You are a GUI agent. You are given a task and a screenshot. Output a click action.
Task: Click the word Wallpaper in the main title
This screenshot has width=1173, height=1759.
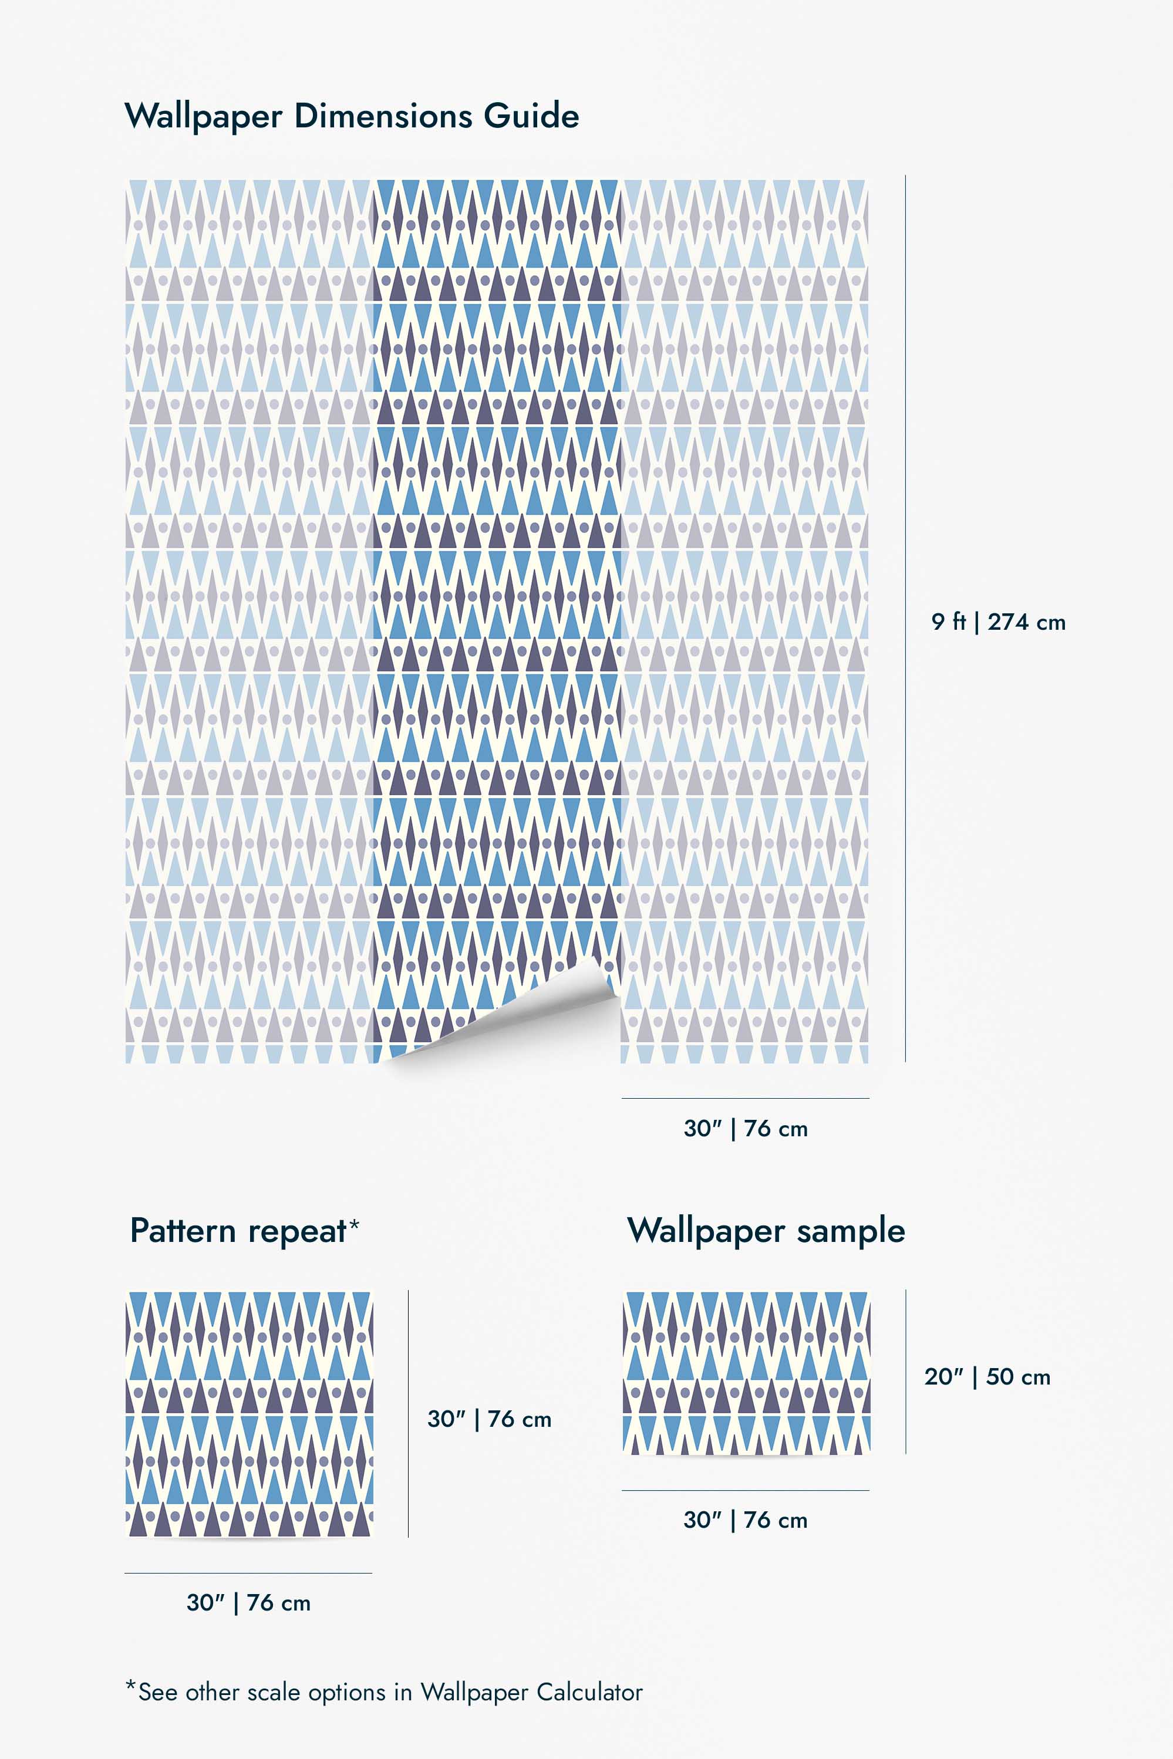click(204, 117)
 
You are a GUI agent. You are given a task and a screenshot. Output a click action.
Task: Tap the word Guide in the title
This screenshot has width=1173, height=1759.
click(531, 116)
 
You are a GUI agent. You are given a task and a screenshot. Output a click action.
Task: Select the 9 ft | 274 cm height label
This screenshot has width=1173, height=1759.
click(998, 622)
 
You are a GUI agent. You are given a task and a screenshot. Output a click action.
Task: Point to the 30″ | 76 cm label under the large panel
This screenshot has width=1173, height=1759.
click(745, 1129)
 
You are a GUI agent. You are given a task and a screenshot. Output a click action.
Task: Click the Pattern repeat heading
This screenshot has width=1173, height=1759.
click(238, 1231)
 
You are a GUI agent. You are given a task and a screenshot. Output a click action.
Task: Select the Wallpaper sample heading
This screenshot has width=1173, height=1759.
click(766, 1231)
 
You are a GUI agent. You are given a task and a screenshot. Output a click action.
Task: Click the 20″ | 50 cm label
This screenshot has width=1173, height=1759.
click(987, 1377)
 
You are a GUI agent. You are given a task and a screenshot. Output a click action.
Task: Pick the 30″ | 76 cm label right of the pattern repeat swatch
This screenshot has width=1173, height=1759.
click(489, 1419)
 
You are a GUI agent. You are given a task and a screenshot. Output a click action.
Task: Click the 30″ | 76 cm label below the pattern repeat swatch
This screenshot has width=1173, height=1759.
click(248, 1603)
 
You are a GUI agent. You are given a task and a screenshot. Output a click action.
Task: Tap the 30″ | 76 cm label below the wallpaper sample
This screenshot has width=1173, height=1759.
click(745, 1520)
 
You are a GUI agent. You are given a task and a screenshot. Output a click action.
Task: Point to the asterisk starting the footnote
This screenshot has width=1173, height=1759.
click(131, 1686)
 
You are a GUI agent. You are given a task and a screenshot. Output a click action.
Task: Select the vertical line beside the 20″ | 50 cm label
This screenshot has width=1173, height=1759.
click(906, 1372)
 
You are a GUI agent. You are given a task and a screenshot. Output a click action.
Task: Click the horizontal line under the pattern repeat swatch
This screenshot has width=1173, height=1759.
click(248, 1573)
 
